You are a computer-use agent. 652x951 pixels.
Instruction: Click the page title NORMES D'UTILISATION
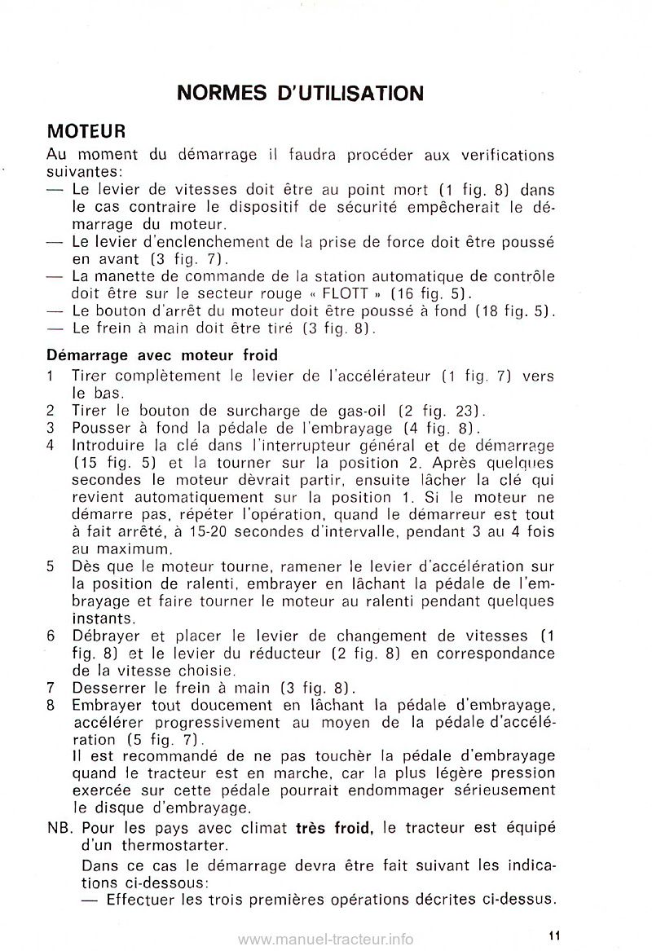pos(300,93)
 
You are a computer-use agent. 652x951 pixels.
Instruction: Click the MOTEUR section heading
pos(86,131)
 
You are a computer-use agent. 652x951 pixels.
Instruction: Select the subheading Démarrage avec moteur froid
pos(162,355)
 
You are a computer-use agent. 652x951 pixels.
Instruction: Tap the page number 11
pos(553,936)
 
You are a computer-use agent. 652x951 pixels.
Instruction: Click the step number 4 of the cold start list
pos(51,446)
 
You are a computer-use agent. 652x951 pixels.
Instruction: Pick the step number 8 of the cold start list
pos(51,702)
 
